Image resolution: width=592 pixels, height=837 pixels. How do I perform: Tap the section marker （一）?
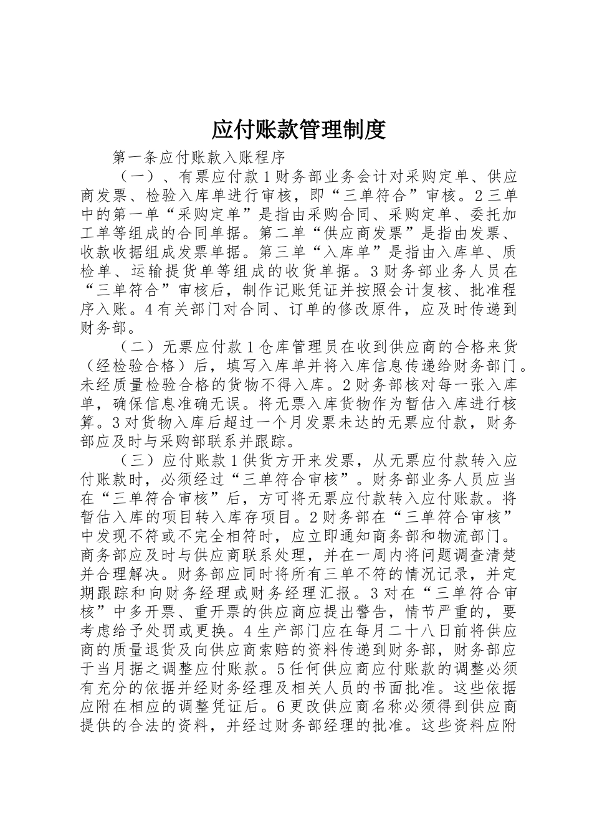(x=133, y=176)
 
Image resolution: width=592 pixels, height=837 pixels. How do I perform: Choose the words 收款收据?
(x=112, y=252)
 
